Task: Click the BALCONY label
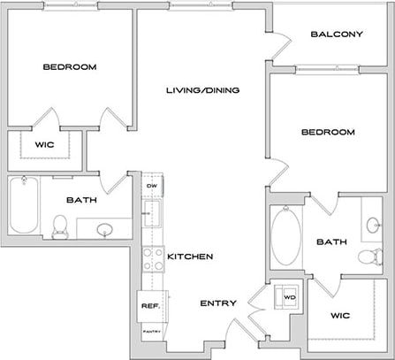pos(337,35)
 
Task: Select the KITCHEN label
pos(190,257)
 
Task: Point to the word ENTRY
pos(218,303)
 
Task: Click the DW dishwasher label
pos(152,186)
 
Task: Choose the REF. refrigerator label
pos(149,306)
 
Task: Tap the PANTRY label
pos(149,333)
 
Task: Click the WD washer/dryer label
pos(288,296)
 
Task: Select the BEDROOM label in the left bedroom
pos(71,67)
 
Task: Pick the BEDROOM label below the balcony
pos(328,133)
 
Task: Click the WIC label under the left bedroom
pos(45,146)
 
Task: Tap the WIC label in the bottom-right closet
pos(340,314)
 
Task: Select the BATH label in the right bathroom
pos(331,241)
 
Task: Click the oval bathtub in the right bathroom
pos(286,236)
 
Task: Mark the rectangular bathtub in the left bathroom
pos(23,206)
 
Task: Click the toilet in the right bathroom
pos(367,256)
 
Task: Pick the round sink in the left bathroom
pos(104,230)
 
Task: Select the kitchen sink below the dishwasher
pos(152,212)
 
